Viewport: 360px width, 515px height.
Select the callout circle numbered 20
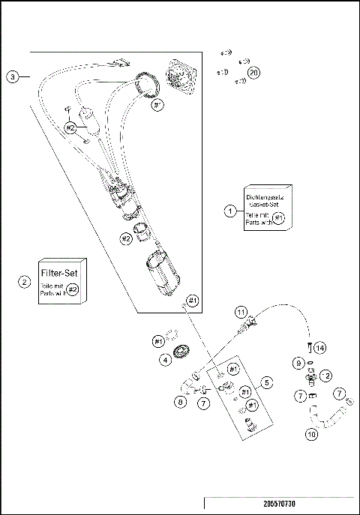pos(253,73)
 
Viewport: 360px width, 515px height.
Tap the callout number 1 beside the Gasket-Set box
pos(230,211)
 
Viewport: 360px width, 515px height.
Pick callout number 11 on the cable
pos(241,310)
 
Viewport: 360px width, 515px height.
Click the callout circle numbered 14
pos(319,348)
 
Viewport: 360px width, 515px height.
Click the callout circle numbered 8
pos(181,403)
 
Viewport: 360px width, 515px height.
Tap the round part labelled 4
pos(181,353)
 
